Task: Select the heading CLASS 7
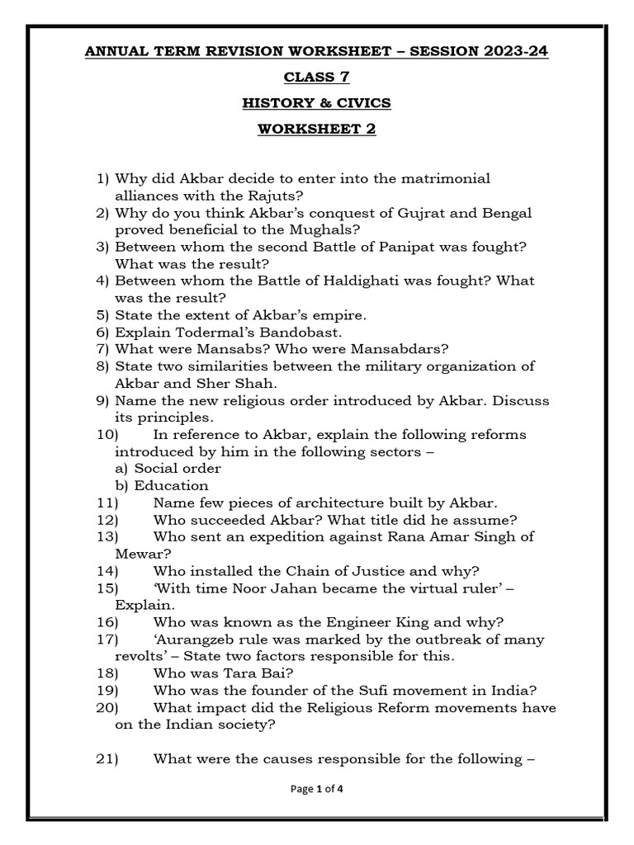coord(317,78)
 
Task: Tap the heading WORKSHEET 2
coord(317,129)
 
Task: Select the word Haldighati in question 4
coord(348,281)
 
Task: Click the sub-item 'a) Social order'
coord(168,469)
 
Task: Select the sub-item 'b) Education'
coord(162,485)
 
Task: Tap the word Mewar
coord(141,554)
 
